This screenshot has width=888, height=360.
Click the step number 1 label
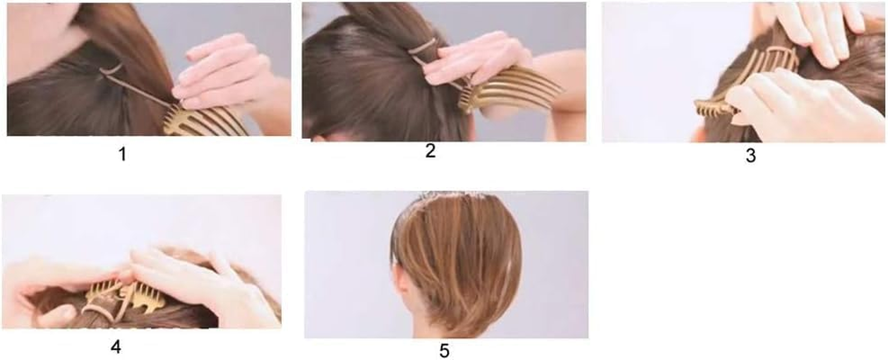122,154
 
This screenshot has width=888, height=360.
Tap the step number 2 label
430,151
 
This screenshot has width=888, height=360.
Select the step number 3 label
750,156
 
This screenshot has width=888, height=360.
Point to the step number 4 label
116,347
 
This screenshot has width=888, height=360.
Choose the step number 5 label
444,351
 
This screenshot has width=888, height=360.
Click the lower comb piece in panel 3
716,108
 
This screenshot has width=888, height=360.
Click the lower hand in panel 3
801,108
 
